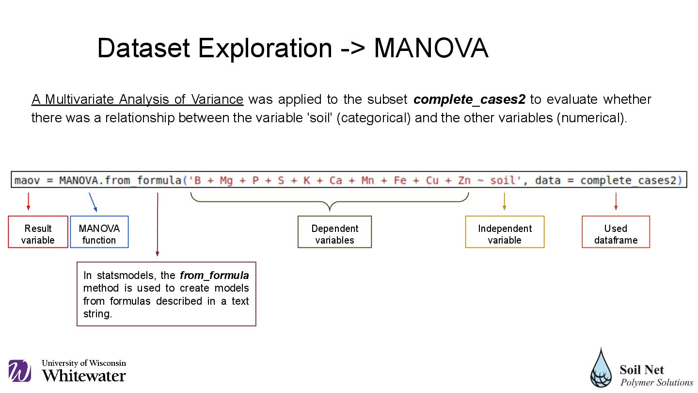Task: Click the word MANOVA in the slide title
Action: (x=431, y=48)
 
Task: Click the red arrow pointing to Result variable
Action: (x=29, y=201)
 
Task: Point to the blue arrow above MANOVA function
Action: (x=93, y=202)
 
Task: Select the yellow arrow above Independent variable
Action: (x=505, y=201)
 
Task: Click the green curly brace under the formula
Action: (x=330, y=201)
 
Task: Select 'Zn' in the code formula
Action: (x=464, y=180)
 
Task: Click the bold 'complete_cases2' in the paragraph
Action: (x=469, y=99)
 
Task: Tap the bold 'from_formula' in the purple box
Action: (x=214, y=276)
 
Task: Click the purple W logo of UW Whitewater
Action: (x=20, y=371)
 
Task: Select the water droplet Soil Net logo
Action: (x=602, y=368)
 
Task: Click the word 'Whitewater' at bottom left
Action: (x=84, y=376)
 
